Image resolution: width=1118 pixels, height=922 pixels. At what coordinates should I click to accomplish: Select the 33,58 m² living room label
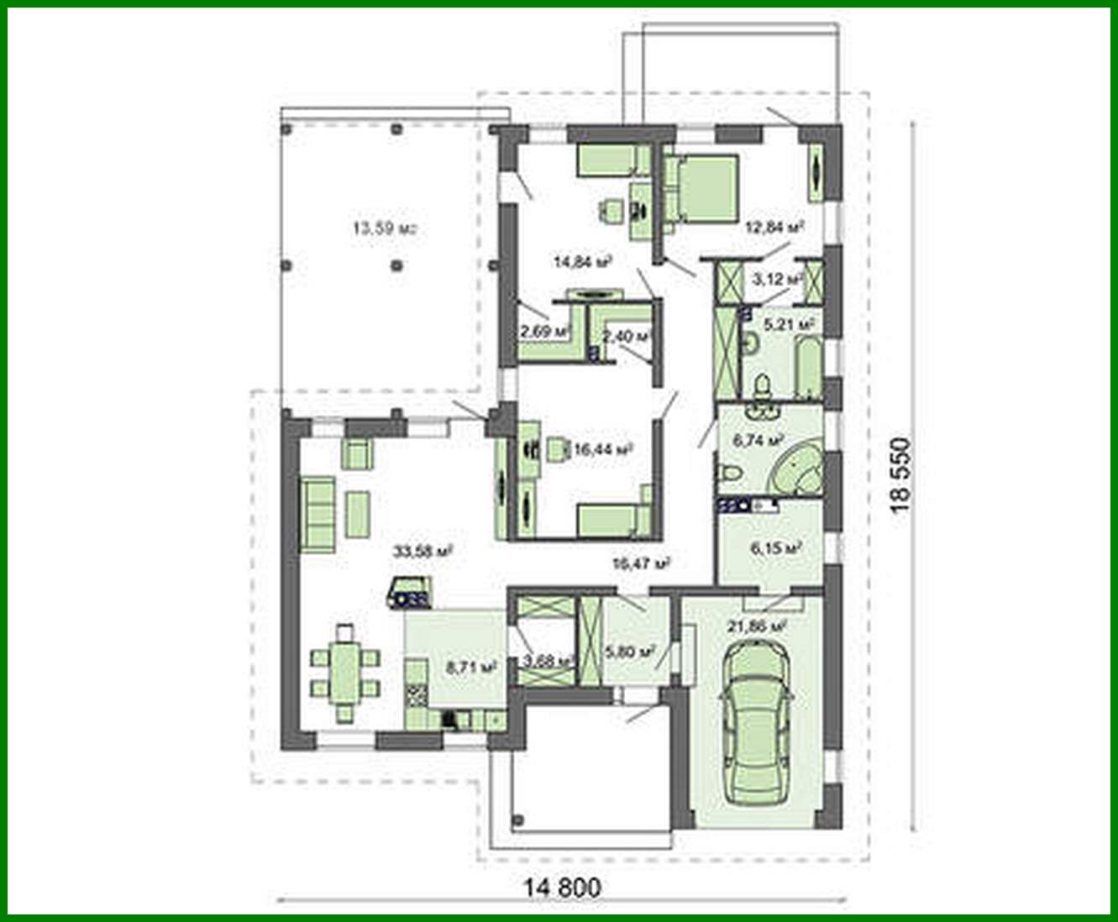(x=423, y=552)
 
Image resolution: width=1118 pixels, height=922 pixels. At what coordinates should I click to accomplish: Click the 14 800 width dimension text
(x=563, y=887)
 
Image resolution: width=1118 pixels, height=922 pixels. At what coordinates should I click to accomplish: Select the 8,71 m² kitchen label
(x=471, y=668)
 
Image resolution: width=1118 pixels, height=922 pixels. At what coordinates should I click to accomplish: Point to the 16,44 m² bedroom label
(x=601, y=450)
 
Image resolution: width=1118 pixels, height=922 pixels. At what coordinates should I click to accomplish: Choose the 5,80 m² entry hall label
(x=629, y=651)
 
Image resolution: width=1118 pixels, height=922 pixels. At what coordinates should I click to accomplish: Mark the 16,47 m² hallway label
(x=641, y=563)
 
